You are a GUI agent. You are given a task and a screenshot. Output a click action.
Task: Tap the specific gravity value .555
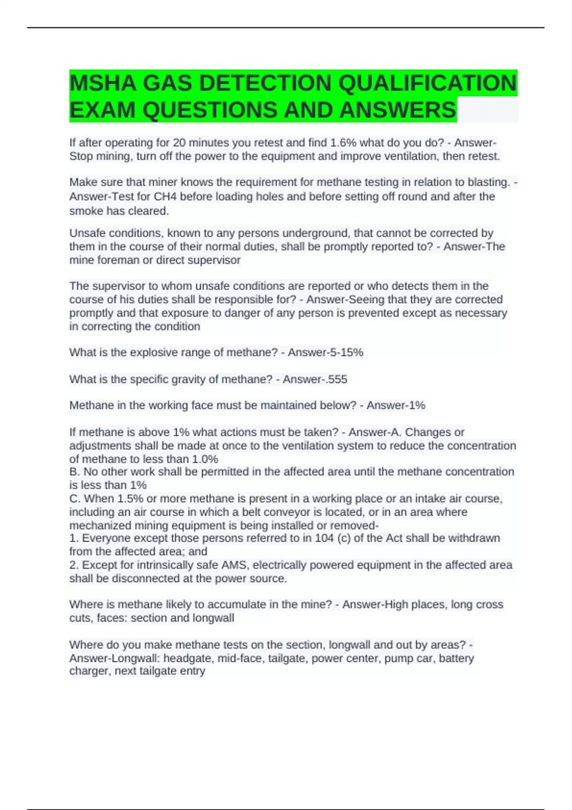coord(334,379)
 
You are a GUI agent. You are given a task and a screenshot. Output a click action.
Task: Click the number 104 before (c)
coord(325,538)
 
